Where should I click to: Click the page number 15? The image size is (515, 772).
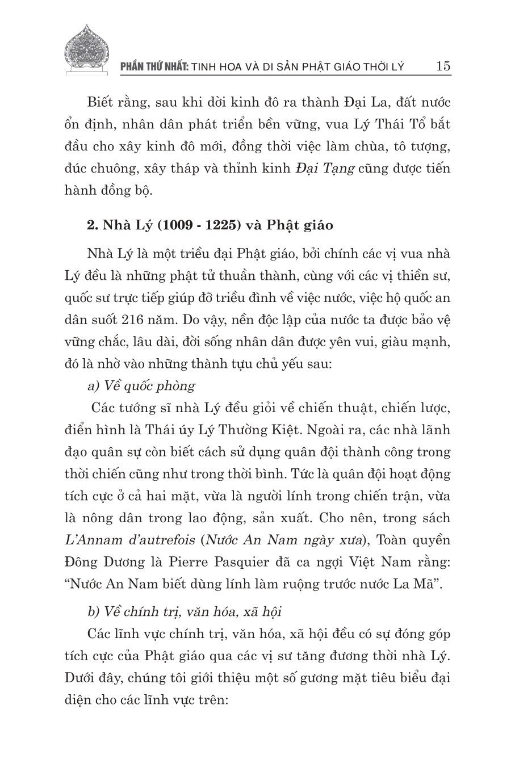[443, 65]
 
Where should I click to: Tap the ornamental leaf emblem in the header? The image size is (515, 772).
[87, 50]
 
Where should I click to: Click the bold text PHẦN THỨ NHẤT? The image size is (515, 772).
[154, 66]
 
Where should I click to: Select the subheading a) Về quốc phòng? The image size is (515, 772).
[141, 385]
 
